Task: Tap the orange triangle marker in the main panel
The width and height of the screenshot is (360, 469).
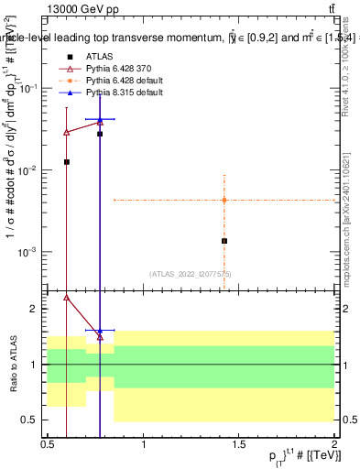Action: click(224, 200)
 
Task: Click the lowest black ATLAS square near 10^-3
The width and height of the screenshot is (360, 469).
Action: click(224, 241)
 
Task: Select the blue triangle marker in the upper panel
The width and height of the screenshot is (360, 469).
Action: click(100, 119)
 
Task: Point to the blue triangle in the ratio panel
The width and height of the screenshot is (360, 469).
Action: click(100, 331)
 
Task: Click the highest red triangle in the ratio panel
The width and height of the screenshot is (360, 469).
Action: click(66, 297)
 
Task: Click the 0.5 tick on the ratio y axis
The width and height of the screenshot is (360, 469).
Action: click(31, 420)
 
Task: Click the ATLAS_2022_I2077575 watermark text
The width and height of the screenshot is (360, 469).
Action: click(191, 274)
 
